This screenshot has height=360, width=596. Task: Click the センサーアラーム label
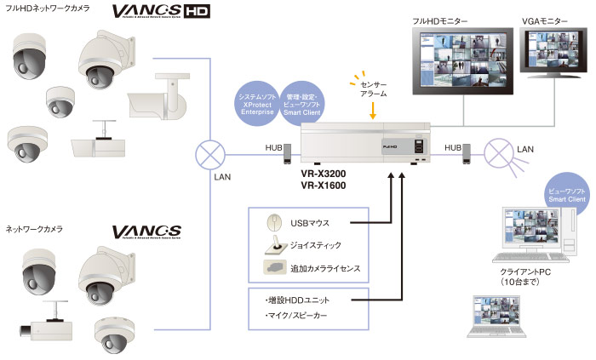click(x=373, y=90)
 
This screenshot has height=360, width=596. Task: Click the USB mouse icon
click(x=275, y=223)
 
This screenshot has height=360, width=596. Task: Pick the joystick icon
click(x=275, y=245)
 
